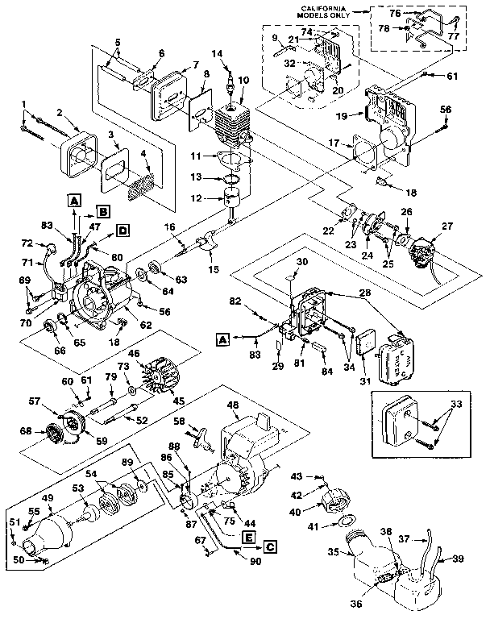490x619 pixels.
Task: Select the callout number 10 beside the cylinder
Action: (245, 81)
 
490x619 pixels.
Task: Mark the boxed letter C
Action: (270, 546)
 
